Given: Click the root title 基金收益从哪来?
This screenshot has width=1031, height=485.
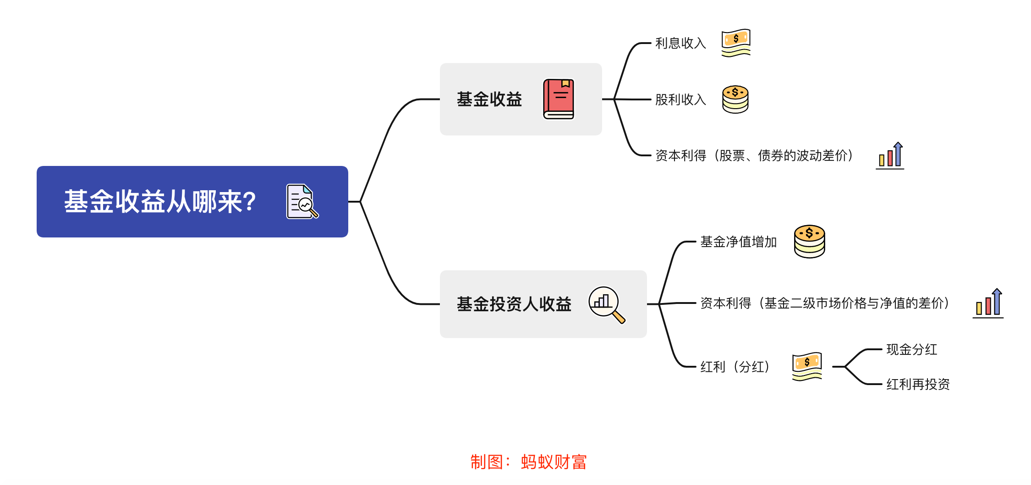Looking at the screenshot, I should coord(160,202).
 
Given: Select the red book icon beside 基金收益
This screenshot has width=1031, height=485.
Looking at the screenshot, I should coord(559,99).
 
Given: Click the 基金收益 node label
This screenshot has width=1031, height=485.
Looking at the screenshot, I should coord(489,99).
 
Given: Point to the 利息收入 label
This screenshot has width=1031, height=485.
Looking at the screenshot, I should coord(680,43).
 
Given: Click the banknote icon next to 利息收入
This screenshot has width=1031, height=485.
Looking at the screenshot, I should coord(735,43).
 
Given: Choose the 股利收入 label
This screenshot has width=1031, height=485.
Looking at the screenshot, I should coord(680,99).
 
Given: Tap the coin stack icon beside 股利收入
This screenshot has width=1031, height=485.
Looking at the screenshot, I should coord(735,99).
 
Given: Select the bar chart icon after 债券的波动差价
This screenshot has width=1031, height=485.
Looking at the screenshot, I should coord(890,156).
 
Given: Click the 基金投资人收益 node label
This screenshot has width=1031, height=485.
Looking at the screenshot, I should coord(514,304).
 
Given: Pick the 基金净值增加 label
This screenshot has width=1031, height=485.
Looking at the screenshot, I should coord(738,242).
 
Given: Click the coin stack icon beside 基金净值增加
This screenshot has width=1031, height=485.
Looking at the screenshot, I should coord(809,241).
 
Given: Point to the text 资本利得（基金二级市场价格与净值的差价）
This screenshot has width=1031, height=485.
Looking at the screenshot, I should coord(825,303).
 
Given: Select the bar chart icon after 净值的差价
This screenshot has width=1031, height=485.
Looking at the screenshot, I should coord(988,303).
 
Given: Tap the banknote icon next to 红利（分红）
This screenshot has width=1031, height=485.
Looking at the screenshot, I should coord(807,366).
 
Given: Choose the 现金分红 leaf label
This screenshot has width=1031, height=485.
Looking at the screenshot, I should coord(911,350).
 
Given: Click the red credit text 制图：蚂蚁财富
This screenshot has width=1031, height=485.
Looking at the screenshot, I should coord(528,462).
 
